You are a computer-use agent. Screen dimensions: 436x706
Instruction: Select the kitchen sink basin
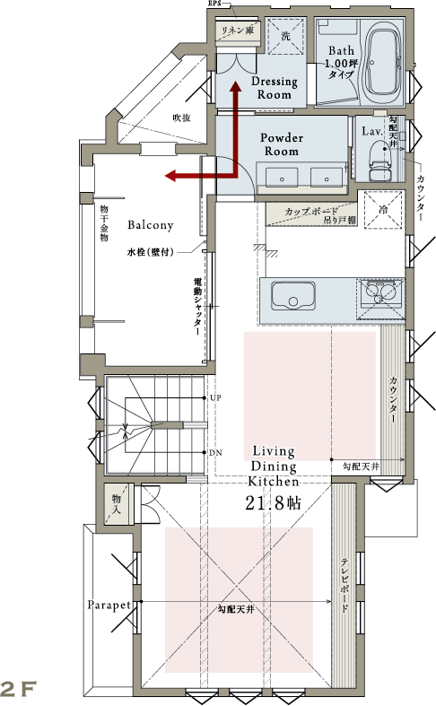point(292,296)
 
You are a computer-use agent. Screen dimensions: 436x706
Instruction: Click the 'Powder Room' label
point(282,144)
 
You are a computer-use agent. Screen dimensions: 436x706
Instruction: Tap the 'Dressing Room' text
point(275,88)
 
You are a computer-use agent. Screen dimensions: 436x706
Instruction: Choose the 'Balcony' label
point(151,224)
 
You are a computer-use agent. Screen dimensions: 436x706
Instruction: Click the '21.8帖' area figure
point(274,503)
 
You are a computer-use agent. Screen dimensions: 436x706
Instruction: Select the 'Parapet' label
point(109,606)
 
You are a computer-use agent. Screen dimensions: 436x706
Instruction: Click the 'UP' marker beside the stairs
point(215,398)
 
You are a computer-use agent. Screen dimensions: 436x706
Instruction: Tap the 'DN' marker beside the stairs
point(215,452)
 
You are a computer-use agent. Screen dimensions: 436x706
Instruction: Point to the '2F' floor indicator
point(19,688)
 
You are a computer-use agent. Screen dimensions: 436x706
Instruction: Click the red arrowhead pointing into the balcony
point(170,176)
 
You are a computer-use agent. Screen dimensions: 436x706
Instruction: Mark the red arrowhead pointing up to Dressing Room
point(235,86)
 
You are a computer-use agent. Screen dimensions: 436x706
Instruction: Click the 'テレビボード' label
point(345,585)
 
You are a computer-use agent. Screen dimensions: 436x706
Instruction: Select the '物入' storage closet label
point(117,504)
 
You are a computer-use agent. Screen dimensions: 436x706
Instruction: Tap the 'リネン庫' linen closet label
point(238,31)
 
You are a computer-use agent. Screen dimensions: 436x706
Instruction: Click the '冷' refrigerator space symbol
point(383,210)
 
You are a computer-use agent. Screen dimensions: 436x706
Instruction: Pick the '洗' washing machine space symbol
point(286,36)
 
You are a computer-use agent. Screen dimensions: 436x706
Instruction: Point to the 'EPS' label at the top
point(214,3)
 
